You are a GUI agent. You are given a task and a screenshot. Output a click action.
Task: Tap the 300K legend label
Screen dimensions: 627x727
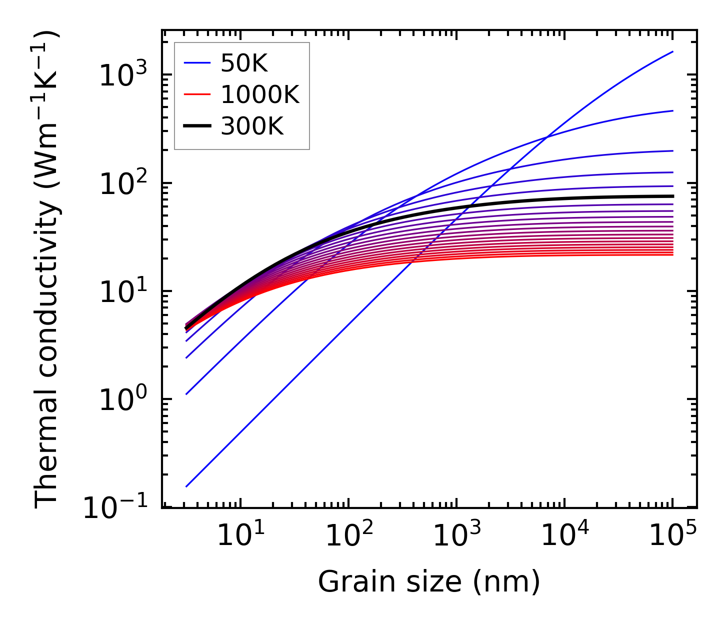pyautogui.click(x=252, y=126)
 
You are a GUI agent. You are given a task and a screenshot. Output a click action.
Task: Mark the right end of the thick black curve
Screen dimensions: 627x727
pyautogui.click(x=673, y=196)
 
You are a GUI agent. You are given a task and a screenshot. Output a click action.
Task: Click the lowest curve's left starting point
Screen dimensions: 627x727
pyautogui.click(x=186, y=486)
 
